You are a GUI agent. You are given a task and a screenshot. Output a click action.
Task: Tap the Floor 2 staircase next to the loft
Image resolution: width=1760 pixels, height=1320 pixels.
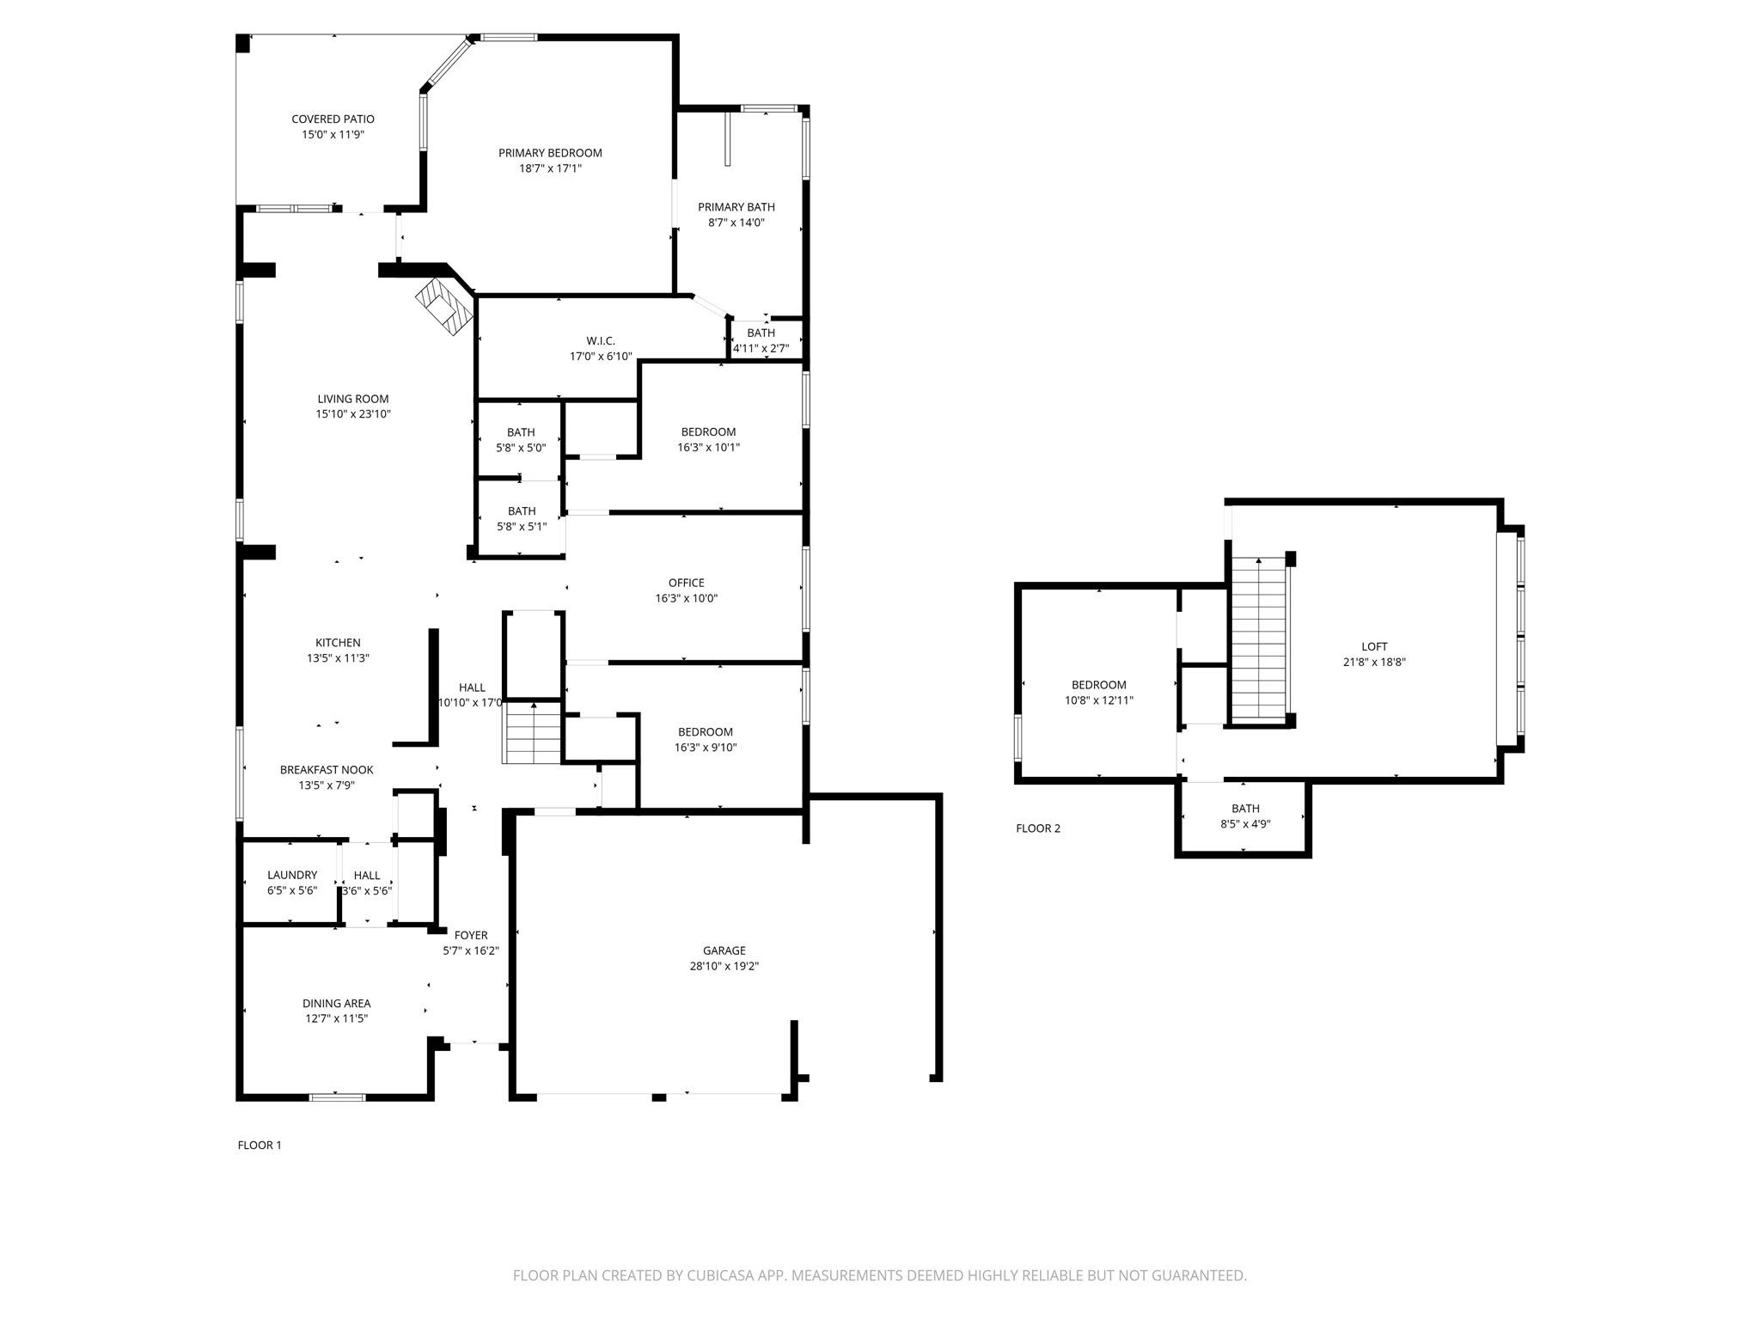1259,638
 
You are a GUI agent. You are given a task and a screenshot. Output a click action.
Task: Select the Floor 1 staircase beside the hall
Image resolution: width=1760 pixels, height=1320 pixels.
533,733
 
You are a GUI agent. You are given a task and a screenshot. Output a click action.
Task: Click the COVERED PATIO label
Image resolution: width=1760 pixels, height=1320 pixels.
333,119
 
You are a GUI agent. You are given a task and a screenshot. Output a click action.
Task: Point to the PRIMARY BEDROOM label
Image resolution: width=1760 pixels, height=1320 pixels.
550,153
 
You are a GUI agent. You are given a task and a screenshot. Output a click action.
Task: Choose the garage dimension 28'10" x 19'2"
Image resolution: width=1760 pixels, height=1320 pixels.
724,966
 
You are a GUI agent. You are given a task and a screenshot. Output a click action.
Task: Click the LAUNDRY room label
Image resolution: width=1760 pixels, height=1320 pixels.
292,875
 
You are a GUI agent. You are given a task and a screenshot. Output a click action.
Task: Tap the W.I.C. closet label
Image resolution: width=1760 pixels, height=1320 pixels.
601,340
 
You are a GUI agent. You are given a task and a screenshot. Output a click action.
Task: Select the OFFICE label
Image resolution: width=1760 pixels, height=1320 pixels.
686,583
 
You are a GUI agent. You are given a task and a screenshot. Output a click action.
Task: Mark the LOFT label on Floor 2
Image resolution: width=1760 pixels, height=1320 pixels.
1374,646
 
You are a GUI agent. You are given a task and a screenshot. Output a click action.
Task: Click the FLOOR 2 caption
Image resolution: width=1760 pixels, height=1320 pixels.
1038,828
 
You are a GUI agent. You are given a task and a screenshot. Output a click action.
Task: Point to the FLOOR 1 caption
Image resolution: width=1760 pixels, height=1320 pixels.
260,1145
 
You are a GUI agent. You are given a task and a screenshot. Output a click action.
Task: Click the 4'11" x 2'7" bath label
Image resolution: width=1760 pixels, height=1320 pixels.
761,348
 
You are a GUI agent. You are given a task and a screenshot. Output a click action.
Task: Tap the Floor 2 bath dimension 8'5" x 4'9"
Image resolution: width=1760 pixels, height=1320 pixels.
1245,823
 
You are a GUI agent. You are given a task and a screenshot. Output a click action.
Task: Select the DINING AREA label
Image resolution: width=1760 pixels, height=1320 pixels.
336,1003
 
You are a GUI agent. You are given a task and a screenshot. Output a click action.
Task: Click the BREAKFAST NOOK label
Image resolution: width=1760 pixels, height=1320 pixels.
327,770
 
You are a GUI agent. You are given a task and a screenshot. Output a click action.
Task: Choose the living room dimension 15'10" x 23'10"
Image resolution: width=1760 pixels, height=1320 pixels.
353,413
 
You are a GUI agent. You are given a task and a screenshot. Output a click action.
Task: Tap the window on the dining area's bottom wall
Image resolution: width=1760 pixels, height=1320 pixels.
337,1097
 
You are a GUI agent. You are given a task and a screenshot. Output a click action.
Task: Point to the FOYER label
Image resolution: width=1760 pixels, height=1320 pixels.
471,935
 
